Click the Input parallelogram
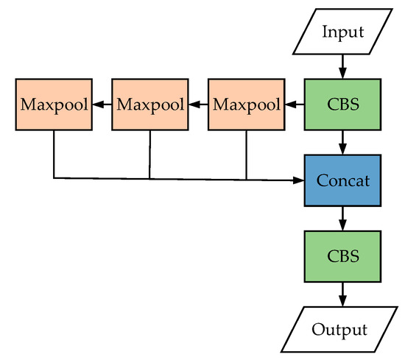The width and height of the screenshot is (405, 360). point(342,32)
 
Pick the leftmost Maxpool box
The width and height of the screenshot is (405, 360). point(54,105)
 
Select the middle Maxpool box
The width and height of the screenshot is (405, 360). point(150,105)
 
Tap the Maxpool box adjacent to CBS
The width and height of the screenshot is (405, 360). point(246,105)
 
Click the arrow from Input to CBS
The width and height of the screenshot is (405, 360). point(342,67)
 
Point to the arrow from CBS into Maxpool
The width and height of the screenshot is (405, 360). point(294,105)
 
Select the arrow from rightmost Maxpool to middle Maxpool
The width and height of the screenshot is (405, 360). point(198,105)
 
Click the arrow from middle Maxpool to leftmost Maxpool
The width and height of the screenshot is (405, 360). point(102,105)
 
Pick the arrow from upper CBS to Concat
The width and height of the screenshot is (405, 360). point(342,142)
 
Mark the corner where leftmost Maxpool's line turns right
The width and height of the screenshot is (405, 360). point(54,178)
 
